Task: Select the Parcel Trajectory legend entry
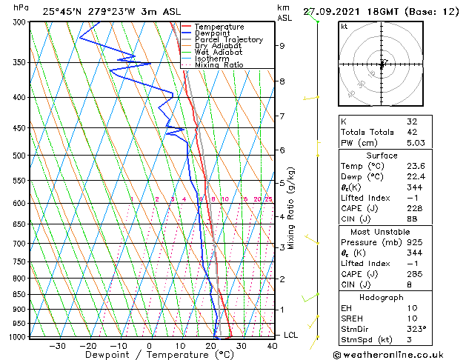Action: pos(228,40)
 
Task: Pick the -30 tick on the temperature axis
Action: pos(57,345)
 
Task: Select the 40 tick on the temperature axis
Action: pos(272,345)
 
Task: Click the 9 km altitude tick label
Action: pos(282,46)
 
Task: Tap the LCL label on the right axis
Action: pos(290,336)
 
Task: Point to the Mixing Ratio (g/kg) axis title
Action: pos(292,208)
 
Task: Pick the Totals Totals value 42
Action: pos(412,132)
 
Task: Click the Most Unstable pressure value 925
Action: pos(414,242)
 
